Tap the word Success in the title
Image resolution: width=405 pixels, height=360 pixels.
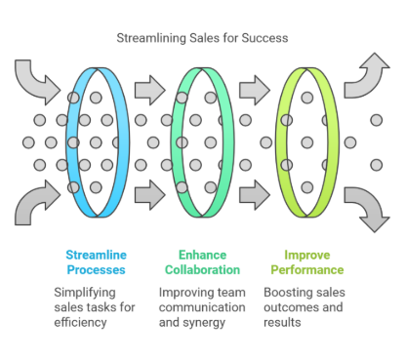click(x=264, y=38)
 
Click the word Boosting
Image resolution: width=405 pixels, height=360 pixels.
click(x=291, y=292)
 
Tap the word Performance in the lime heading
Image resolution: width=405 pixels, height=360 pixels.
click(x=307, y=269)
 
